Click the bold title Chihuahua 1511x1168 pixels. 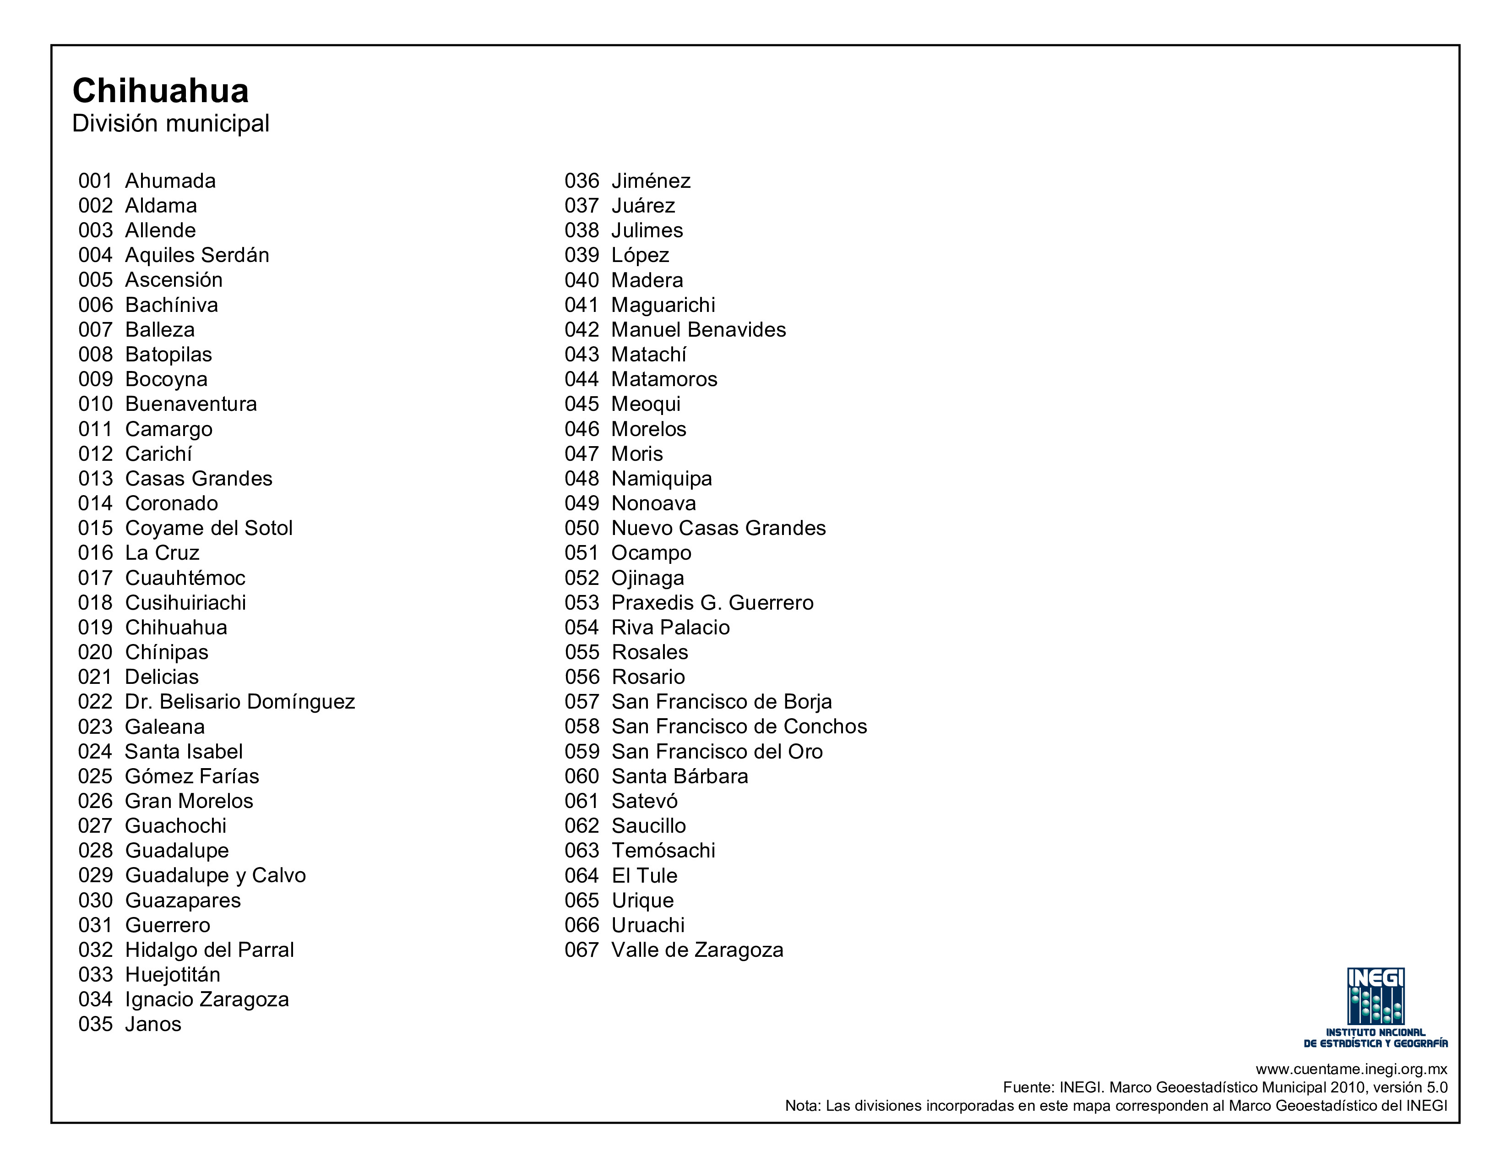click(x=161, y=91)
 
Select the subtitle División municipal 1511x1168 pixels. click(x=170, y=124)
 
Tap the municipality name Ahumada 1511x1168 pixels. click(x=170, y=181)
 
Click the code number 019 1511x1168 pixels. click(x=96, y=628)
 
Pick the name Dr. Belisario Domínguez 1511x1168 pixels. click(x=239, y=702)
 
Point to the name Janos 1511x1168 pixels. click(x=153, y=1024)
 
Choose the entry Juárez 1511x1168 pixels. click(x=643, y=206)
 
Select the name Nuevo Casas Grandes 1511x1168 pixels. click(x=718, y=529)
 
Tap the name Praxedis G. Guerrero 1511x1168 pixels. click(x=712, y=603)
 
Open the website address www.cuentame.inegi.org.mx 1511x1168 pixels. click(x=1351, y=1069)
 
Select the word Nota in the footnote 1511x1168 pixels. click(x=802, y=1106)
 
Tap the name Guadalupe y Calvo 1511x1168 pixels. click(x=215, y=875)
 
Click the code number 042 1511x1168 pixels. click(x=581, y=330)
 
